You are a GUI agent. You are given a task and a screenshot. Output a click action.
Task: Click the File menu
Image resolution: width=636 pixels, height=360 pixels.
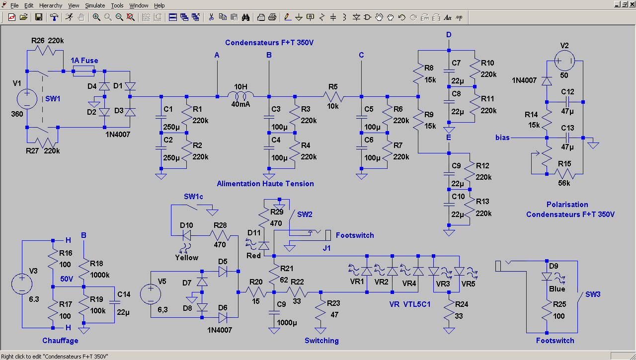[14, 5]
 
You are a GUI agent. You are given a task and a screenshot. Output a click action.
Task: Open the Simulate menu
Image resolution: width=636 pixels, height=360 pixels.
[94, 5]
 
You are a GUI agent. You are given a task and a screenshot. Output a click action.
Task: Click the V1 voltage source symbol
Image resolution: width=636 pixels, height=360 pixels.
[26, 98]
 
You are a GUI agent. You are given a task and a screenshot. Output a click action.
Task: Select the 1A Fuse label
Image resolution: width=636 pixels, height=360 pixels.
[84, 61]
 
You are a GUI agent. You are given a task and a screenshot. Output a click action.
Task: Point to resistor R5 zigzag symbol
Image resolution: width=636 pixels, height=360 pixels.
[333, 96]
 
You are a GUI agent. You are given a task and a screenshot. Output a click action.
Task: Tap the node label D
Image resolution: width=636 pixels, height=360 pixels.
[449, 35]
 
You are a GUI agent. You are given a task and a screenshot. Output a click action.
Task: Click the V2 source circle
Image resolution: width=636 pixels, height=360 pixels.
[564, 62]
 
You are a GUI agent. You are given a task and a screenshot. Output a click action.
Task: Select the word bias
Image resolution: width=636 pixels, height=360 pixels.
[502, 138]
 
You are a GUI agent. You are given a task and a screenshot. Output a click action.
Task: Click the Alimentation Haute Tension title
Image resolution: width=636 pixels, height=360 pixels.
[265, 184]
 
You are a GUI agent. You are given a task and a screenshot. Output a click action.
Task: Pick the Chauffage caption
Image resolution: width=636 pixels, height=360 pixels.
[60, 341]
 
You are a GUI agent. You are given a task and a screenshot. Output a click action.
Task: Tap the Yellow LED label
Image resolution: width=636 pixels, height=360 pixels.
[186, 258]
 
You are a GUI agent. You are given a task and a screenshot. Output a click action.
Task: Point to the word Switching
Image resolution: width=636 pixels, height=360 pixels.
[321, 341]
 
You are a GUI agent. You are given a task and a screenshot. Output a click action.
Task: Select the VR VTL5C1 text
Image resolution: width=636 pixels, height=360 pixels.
[410, 303]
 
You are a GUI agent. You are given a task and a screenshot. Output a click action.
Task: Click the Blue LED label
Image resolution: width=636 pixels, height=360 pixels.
[557, 289]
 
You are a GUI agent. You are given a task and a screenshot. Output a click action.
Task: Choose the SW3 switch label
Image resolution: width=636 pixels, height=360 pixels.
[593, 294]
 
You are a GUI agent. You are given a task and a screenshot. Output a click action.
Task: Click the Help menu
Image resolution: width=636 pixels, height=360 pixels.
[159, 5]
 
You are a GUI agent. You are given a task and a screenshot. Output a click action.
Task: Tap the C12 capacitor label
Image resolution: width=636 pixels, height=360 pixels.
[567, 92]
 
